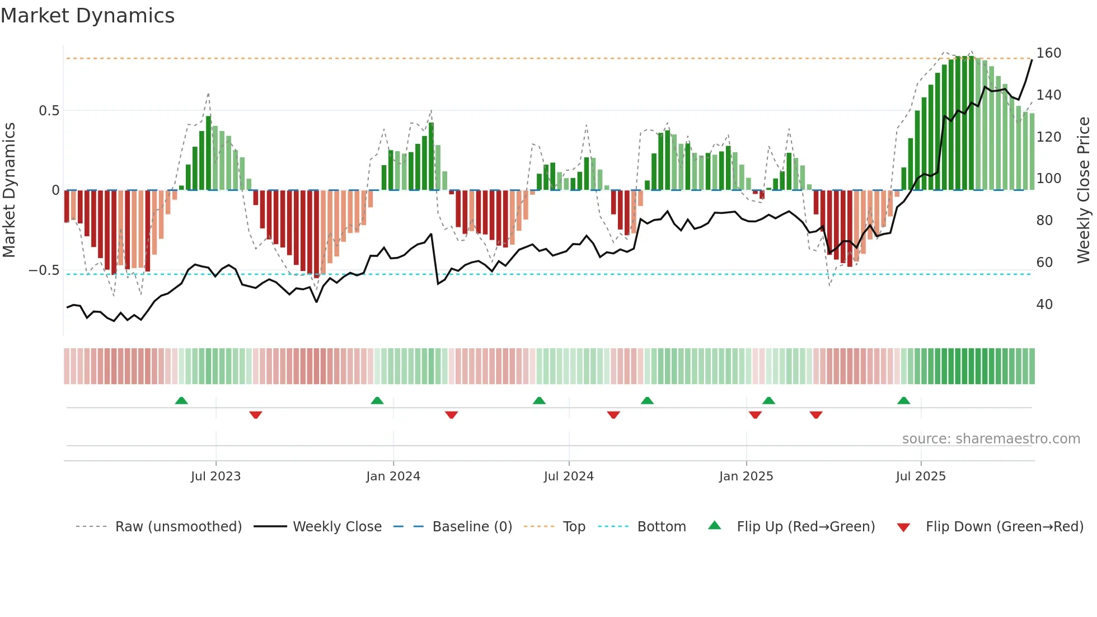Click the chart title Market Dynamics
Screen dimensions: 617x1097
88,16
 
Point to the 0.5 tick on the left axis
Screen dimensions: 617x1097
49,111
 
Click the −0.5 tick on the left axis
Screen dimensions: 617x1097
44,270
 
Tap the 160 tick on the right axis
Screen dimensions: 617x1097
1048,53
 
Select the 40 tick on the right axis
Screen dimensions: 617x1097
1044,305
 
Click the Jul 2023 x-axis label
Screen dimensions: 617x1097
215,476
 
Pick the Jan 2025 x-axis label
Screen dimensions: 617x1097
746,476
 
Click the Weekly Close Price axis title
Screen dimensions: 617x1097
1084,190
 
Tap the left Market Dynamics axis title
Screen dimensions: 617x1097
9,190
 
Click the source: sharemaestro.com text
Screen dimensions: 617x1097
991,439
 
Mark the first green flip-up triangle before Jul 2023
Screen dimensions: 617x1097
181,401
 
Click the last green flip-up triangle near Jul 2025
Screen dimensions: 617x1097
903,401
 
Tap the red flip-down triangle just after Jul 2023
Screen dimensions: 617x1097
256,415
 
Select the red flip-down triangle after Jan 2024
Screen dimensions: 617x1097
452,415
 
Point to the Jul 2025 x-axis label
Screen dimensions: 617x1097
921,476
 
